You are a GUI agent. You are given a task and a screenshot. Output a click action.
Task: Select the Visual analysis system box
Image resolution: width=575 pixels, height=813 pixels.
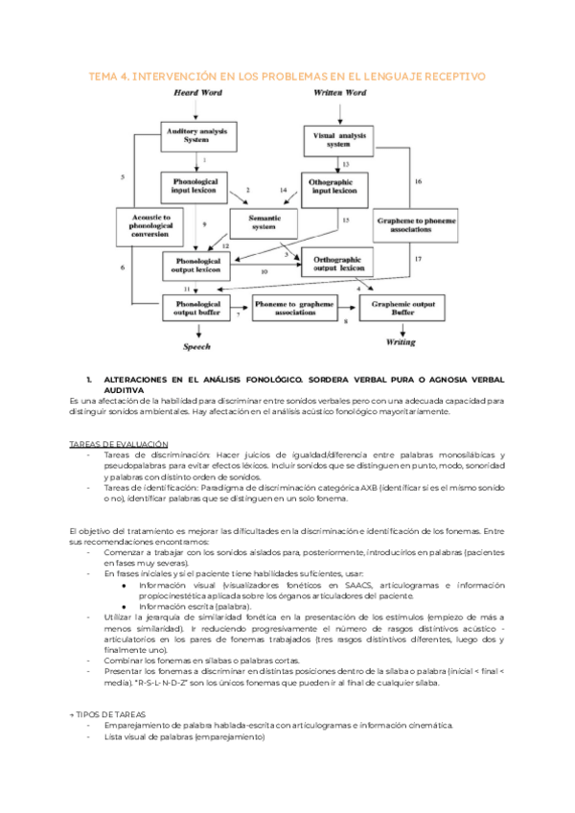pos(339,140)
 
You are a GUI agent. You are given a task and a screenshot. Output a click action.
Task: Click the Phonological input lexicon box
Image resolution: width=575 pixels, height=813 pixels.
pos(195,186)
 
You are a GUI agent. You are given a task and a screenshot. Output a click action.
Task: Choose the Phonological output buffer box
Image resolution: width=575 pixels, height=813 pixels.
pos(198,308)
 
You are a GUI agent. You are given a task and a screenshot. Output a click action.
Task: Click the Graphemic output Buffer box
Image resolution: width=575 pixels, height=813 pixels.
pos(403,308)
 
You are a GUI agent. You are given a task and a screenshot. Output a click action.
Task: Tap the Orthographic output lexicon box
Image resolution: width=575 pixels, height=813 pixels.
pos(338,263)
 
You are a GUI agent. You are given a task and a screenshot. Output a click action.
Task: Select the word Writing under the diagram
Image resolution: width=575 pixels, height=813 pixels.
pos(401,341)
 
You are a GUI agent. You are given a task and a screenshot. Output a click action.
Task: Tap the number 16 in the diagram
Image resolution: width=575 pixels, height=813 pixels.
pos(418,180)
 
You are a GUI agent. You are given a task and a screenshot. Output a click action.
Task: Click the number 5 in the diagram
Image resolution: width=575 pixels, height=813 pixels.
pos(123,178)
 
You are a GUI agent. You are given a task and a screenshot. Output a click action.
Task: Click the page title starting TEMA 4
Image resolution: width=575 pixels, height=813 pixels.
pos(287,75)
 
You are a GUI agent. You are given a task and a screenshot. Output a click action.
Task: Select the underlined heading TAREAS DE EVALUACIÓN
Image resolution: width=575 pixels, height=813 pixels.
pos(120,443)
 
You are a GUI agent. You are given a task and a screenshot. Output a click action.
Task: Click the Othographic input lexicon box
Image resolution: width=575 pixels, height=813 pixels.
pos(334,186)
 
